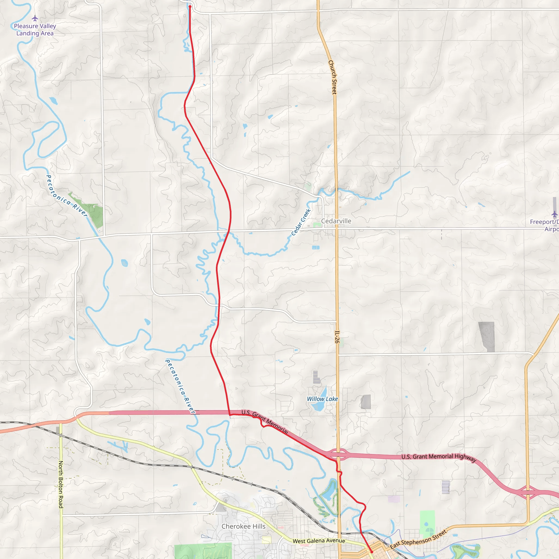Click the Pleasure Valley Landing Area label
click(x=35, y=30)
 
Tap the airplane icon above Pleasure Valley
click(x=35, y=19)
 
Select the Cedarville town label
click(x=336, y=221)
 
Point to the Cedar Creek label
click(x=301, y=222)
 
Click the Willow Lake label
click(x=322, y=399)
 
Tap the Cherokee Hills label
click(x=243, y=526)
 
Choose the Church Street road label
click(x=332, y=77)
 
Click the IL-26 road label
click(x=337, y=337)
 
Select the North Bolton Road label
click(x=61, y=484)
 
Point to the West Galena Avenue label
click(x=319, y=541)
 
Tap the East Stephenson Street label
click(x=418, y=539)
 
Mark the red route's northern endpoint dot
click(x=190, y=7)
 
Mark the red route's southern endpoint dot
click(x=372, y=552)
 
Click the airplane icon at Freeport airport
click(x=554, y=214)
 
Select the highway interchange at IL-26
click(x=338, y=454)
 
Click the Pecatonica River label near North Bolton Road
click(x=67, y=196)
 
